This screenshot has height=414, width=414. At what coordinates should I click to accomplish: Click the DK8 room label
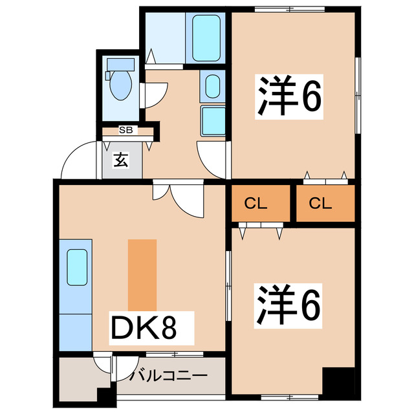(x=144, y=328)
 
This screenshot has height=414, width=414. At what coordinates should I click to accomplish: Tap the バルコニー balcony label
(x=168, y=375)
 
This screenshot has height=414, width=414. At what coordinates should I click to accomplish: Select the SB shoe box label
(x=125, y=130)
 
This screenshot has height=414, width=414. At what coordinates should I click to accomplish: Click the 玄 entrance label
(x=121, y=159)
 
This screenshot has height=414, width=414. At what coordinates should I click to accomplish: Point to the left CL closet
(x=256, y=204)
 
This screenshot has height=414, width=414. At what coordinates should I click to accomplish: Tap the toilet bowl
(x=120, y=85)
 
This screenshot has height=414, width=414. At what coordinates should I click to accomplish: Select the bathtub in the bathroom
(x=206, y=38)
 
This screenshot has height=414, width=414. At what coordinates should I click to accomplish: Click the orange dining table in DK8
(x=142, y=275)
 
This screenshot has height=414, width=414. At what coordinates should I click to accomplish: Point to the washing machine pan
(x=213, y=120)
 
